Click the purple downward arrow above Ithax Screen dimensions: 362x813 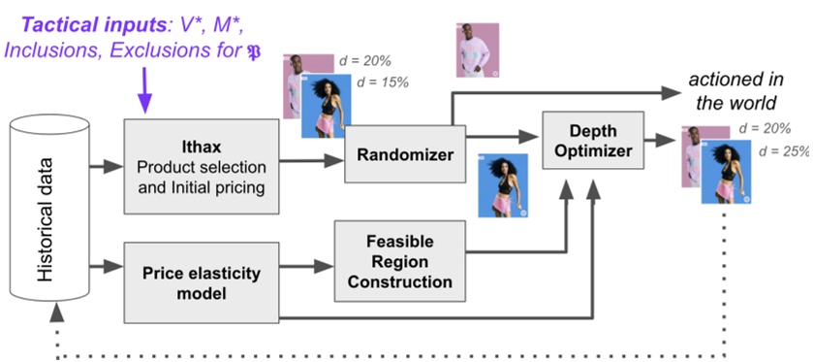pos(146,97)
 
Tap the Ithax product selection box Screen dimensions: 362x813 pos(200,166)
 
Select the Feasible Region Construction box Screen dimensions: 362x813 pos(399,261)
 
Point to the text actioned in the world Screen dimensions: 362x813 pos(737,91)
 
